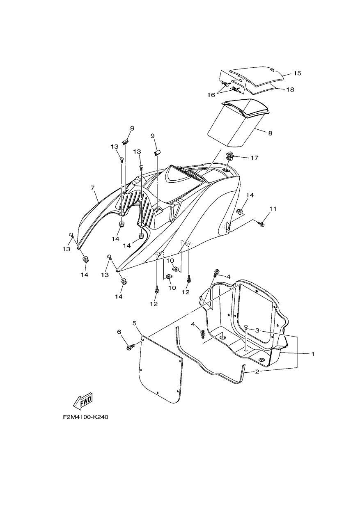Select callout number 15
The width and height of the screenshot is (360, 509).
pos(297,73)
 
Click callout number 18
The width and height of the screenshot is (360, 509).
pos(290,89)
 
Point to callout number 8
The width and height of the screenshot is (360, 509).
pos(270,133)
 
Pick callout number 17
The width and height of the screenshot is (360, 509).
pos(255,158)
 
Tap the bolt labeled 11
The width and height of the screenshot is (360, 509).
pos(261,224)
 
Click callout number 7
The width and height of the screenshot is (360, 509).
pos(92,188)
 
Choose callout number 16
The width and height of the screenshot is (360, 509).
pos(211,95)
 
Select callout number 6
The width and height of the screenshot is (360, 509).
pos(119,332)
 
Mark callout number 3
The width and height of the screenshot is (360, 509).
pos(257,330)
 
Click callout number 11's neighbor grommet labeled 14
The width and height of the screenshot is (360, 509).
pos(239,211)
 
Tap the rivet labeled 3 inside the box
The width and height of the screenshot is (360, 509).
pos(246,327)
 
